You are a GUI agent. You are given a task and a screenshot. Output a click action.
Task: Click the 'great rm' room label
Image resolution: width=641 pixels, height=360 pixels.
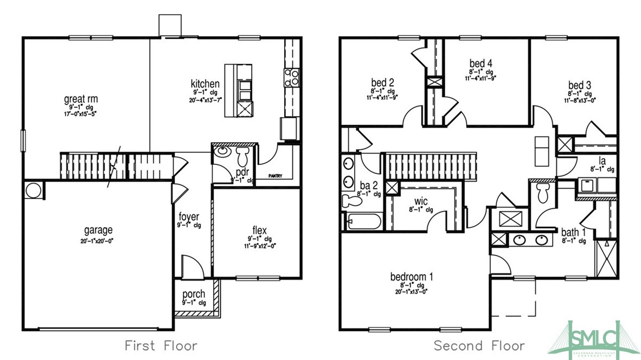[x=81, y=99]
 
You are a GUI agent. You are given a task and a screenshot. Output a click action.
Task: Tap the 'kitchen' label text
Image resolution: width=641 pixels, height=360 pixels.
[x=205, y=84]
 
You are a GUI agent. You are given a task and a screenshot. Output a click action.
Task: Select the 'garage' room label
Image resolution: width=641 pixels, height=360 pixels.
[x=98, y=230]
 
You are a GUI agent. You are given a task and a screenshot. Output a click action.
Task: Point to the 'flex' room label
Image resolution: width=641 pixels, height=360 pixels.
[x=260, y=230]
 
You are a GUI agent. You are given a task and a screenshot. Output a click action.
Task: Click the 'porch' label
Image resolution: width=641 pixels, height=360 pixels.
[x=194, y=294]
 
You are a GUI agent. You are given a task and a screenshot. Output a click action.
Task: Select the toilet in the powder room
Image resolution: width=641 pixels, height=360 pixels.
[x=243, y=156]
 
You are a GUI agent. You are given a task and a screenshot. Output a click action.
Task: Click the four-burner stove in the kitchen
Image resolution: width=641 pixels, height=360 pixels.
[x=292, y=78]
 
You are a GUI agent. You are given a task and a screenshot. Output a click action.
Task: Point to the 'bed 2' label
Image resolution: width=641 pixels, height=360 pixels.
[x=382, y=82]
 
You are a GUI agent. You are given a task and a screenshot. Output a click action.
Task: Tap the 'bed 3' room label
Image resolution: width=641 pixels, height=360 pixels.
[x=579, y=86]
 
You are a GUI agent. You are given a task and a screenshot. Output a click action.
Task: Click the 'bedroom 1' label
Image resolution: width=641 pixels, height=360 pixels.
[x=412, y=277]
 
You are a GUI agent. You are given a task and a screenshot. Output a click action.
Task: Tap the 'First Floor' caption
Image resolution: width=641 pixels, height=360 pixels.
[x=161, y=345]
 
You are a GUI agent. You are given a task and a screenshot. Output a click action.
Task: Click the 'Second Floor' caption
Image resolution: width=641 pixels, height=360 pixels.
[x=479, y=345]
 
